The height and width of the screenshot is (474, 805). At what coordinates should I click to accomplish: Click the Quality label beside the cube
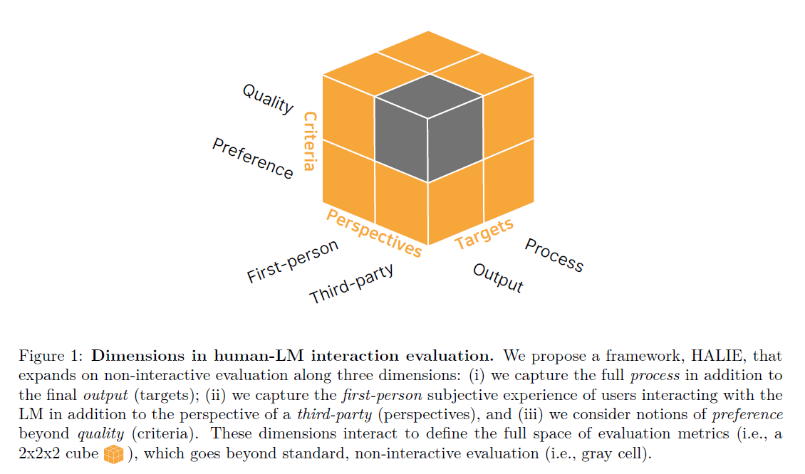pos(268,99)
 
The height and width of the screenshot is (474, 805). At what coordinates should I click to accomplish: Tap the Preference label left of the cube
pos(252,158)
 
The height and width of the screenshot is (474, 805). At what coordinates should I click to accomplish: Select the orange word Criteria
pos(309,141)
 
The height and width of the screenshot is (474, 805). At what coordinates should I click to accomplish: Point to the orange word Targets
pos(484,234)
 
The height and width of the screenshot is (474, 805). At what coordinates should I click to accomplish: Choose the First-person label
pos(292,262)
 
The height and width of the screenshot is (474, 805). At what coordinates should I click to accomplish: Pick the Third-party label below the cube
pos(351,284)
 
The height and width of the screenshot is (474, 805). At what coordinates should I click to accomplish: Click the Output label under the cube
pos(498,278)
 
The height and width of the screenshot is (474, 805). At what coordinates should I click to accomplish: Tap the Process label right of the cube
pos(554,255)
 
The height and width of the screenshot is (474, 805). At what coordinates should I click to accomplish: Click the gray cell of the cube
pos(427,128)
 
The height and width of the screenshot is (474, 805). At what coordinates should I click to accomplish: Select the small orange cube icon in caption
pos(113,453)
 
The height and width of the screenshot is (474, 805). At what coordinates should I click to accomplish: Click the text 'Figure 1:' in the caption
pos(51,355)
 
